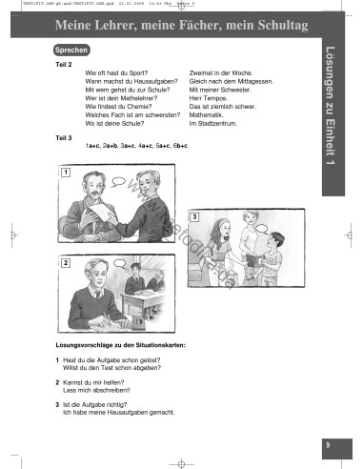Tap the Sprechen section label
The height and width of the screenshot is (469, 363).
click(x=71, y=48)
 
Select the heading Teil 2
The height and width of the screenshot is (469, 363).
click(x=63, y=63)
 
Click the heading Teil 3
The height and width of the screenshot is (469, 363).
click(x=63, y=137)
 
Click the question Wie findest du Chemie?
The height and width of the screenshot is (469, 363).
click(x=123, y=106)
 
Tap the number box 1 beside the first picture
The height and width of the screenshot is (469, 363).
click(x=64, y=173)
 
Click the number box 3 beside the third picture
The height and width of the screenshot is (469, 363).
click(x=194, y=218)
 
